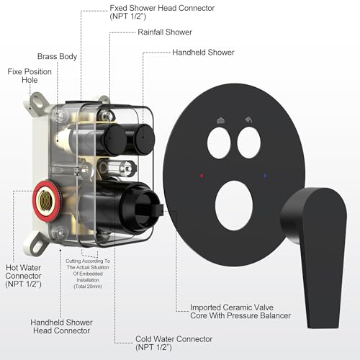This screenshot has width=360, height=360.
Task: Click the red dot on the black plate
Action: [202, 176]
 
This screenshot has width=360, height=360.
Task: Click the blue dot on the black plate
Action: [265, 176]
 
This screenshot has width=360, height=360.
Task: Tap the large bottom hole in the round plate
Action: [234, 206]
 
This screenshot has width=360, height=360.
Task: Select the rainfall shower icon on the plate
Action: [220, 120]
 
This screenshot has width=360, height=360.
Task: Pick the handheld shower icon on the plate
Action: [249, 120]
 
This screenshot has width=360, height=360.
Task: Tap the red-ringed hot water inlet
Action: [46, 201]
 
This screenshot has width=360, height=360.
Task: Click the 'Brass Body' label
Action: [57, 56]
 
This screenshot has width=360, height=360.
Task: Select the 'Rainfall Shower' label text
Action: [165, 32]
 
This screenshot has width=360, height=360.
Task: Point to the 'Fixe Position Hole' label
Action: [30, 76]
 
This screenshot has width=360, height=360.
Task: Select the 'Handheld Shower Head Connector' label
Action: [61, 326]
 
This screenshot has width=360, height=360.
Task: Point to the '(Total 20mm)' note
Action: [88, 287]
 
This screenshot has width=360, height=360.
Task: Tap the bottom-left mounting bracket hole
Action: [37, 245]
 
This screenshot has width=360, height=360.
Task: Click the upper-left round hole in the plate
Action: [219, 143]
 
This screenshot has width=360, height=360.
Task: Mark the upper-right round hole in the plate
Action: [249, 143]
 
